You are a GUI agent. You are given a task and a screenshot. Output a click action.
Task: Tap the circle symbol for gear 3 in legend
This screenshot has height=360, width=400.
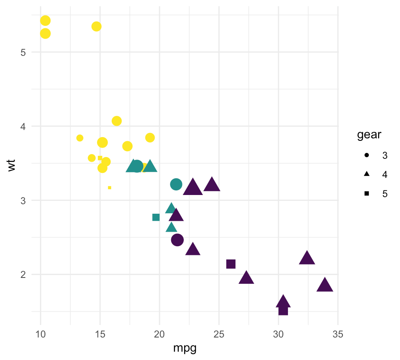367,155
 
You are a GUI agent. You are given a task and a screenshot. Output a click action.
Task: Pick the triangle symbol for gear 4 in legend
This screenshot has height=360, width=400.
367,174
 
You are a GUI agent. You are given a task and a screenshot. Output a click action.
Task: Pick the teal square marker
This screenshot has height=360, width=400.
156,217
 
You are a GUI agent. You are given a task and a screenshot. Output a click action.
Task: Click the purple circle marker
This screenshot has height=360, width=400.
177,240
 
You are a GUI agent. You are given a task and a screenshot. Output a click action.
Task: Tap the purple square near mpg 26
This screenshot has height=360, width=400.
231,264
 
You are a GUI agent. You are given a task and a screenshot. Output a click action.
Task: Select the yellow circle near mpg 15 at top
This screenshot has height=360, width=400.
96,26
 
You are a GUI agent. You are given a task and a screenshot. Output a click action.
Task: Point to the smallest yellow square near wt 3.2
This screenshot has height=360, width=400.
110,187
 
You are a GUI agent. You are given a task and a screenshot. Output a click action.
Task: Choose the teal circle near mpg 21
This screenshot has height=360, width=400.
176,184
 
